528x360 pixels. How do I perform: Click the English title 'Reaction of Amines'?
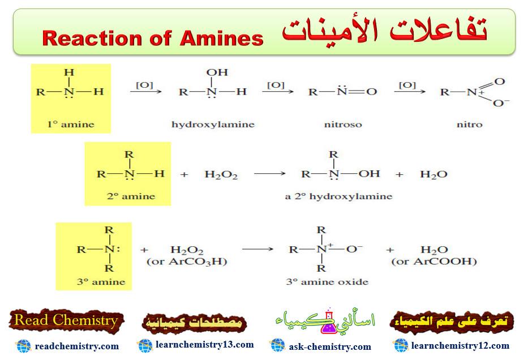click(153, 38)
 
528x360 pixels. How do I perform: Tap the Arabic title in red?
click(385, 32)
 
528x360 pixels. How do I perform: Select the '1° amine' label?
click(71, 124)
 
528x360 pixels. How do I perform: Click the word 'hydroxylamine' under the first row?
click(213, 124)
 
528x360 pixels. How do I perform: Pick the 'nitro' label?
click(469, 124)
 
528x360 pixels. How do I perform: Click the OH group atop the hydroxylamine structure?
click(217, 72)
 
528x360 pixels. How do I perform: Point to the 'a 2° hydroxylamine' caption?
click(338, 196)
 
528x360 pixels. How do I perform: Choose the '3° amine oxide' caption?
click(327, 281)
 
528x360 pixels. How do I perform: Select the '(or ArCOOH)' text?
click(434, 262)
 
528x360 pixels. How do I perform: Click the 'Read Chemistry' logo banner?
click(66, 320)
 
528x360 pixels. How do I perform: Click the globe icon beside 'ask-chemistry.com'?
click(277, 345)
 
